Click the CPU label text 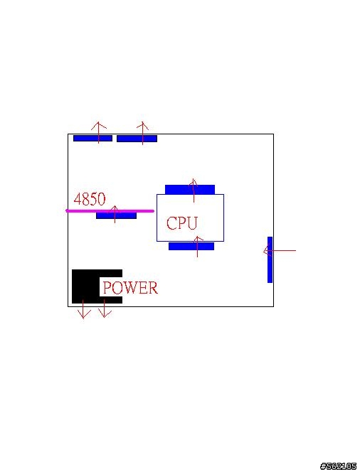(181, 223)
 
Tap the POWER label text (130, 287)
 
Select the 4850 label (90, 199)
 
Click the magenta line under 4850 (110, 210)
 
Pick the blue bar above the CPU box (190, 190)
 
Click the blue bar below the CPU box (191, 246)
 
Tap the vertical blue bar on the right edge (270, 259)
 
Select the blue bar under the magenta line (116, 215)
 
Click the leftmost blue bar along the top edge (92, 139)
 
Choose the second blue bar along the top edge (137, 139)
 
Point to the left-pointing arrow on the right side (280, 250)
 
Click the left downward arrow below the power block (83, 309)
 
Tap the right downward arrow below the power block (105, 309)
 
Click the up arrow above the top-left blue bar (98, 132)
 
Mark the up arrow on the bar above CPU (194, 191)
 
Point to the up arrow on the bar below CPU (197, 247)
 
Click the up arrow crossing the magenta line (115, 215)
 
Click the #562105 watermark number (339, 466)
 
